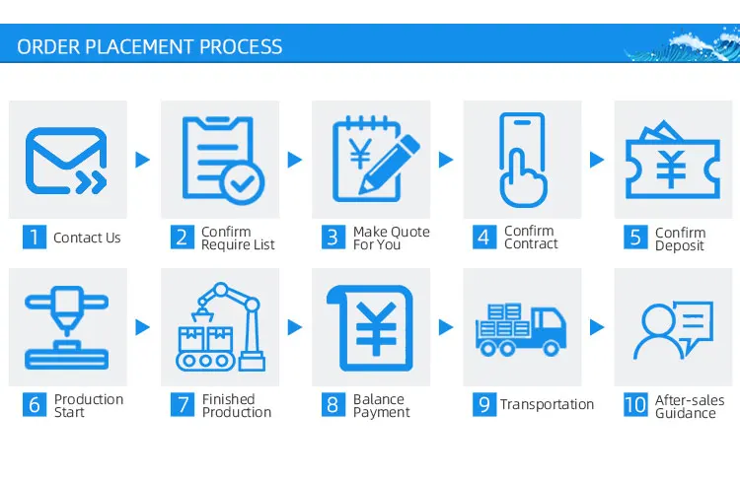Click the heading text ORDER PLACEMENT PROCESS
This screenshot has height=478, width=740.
tap(150, 46)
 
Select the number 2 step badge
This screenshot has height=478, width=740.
tap(182, 238)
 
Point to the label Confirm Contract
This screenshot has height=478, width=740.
tap(531, 238)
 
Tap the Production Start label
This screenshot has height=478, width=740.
tap(89, 405)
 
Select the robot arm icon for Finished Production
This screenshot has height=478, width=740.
tap(218, 326)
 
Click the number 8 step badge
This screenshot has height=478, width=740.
tap(333, 405)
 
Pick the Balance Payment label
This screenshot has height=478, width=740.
tap(381, 405)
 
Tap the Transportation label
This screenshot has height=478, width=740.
tap(547, 404)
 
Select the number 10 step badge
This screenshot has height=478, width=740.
tap(635, 405)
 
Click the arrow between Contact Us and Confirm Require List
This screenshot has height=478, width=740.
tap(142, 160)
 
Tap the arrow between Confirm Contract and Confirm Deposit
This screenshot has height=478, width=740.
tap(596, 160)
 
